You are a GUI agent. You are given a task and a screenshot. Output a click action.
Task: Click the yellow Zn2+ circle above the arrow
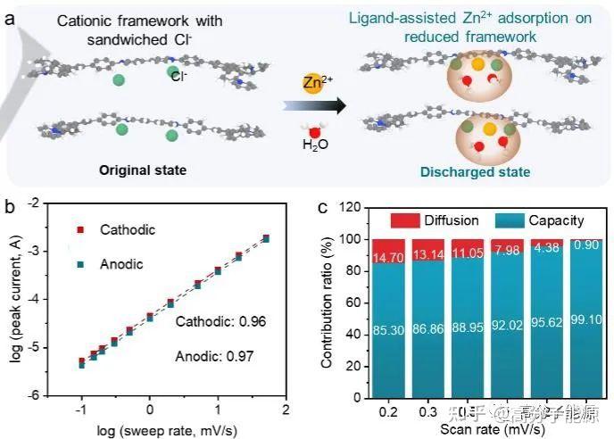[307, 85]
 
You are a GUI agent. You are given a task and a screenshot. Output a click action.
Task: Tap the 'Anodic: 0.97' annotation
[214, 356]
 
